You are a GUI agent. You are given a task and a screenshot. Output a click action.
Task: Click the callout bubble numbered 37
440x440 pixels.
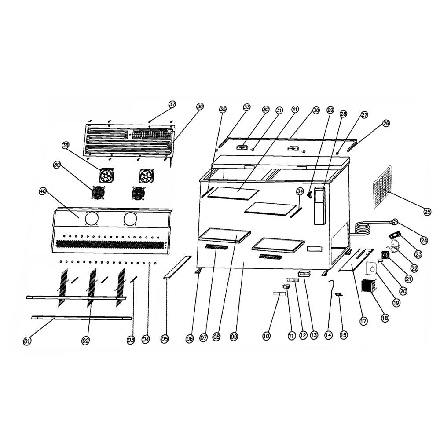172,104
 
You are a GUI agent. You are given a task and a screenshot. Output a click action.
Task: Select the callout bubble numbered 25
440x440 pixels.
427,212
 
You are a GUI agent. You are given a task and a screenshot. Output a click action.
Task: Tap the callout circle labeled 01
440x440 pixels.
27,340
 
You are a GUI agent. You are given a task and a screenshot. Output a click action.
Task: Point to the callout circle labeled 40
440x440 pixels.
43,191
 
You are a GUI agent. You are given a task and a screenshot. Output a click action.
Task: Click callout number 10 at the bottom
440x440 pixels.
266,336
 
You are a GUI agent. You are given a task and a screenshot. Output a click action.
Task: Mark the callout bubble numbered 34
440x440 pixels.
300,191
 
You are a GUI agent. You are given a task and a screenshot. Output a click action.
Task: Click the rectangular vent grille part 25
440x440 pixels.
382,187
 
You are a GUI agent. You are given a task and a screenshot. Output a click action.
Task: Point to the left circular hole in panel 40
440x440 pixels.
92,219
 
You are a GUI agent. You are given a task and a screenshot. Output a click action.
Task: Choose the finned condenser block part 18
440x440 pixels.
367,286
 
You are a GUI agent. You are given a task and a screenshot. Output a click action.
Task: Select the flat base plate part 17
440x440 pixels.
356,260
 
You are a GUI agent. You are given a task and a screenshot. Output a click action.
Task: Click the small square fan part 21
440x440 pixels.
385,255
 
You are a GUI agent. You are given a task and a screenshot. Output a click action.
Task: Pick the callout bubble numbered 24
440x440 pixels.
424,240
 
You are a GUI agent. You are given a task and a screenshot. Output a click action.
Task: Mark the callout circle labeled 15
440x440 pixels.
344,335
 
